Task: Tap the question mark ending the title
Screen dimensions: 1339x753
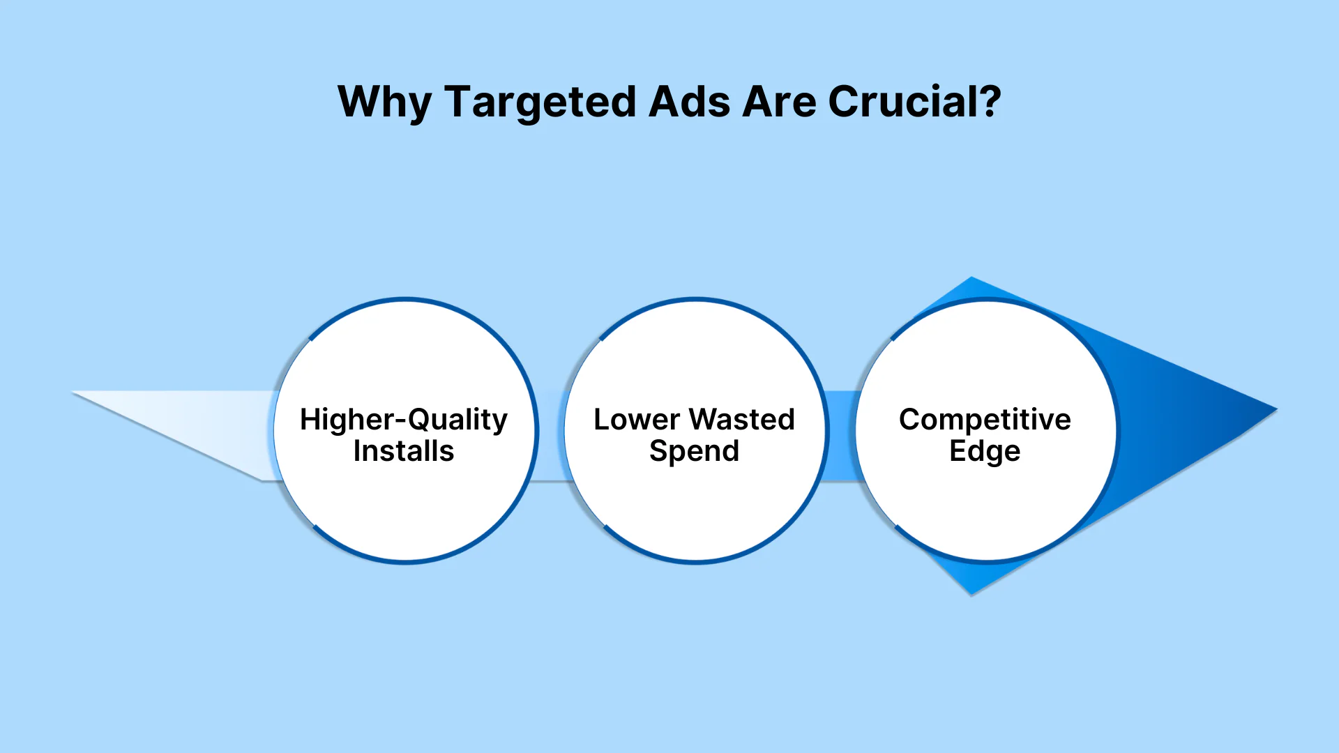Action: pyautogui.click(x=988, y=101)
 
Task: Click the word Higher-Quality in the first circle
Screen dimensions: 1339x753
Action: pyautogui.click(x=404, y=420)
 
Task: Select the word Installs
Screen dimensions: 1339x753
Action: pyautogui.click(x=404, y=451)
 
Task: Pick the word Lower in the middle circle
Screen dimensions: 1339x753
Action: pyautogui.click(x=636, y=420)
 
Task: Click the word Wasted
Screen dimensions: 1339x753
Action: pyautogui.click(x=742, y=420)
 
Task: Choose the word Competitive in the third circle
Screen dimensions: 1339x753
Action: pyautogui.click(x=985, y=420)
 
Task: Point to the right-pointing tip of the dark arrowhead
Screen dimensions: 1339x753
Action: pyautogui.click(x=1276, y=409)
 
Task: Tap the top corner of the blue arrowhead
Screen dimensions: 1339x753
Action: pyautogui.click(x=971, y=278)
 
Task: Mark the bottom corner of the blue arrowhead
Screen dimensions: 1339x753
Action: pyautogui.click(x=971, y=593)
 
